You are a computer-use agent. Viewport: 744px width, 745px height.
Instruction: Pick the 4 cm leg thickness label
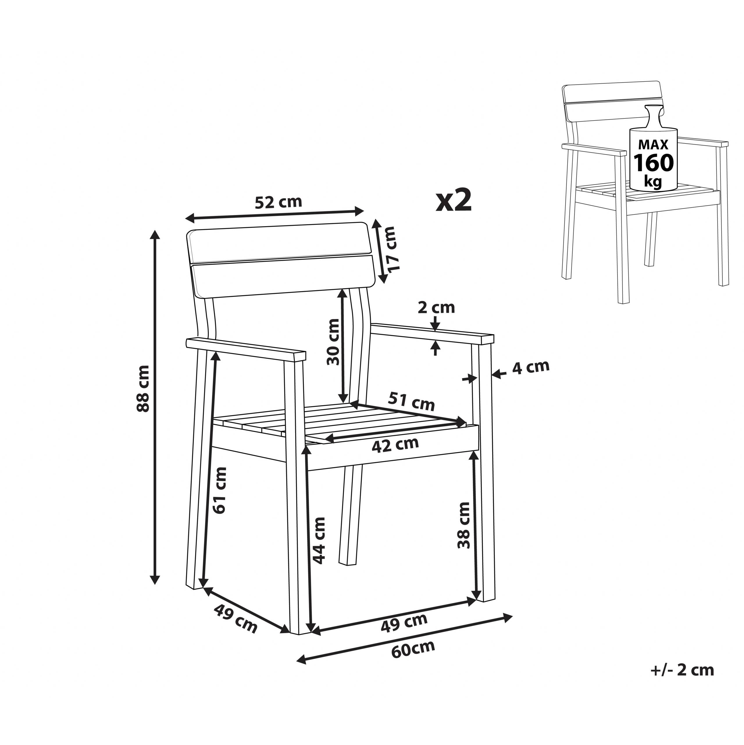[530, 367]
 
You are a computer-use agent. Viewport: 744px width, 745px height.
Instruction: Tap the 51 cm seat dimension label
[411, 401]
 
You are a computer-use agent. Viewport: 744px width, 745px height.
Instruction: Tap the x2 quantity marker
[454, 201]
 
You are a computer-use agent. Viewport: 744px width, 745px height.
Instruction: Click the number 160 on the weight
[654, 162]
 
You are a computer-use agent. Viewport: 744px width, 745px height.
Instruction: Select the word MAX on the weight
[654, 144]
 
